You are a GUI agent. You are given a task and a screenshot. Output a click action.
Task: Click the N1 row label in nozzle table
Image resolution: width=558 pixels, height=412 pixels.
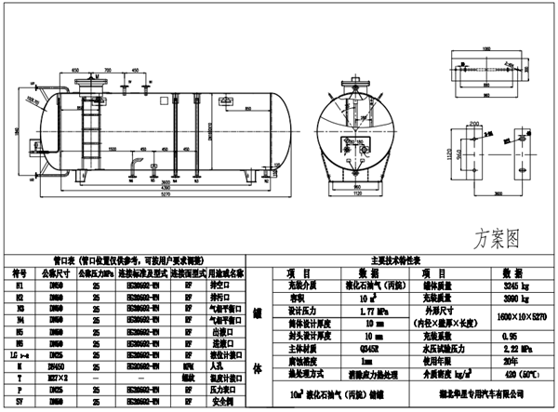(x=20, y=287)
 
